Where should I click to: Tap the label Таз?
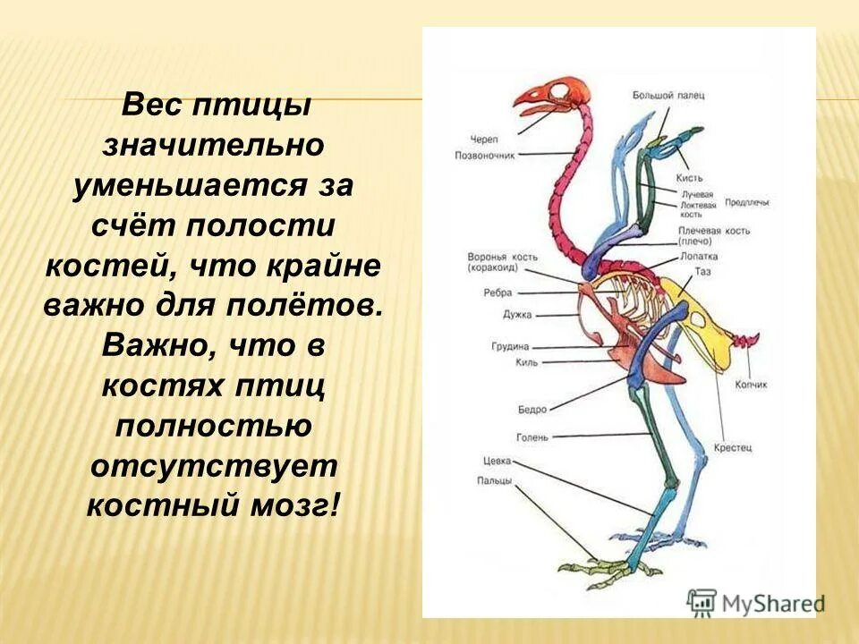tap(702, 270)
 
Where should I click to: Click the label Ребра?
tap(498, 292)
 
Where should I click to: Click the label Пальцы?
tap(494, 480)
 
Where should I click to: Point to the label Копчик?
tap(751, 385)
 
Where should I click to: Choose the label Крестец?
tap(732, 445)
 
